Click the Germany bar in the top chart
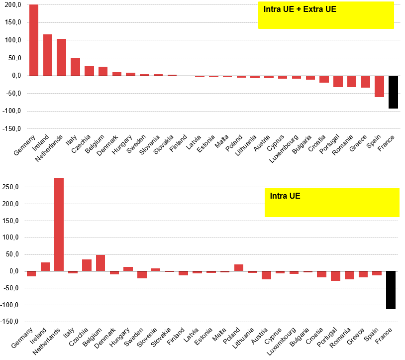tap(34, 40)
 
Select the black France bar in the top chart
tap(393, 92)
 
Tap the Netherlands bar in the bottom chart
tap(59, 225)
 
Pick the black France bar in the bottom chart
tap(391, 290)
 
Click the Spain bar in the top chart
tap(379, 87)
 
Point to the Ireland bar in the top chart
tap(48, 55)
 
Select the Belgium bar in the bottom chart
tap(101, 263)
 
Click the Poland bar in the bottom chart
tap(239, 268)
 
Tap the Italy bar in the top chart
tap(76, 67)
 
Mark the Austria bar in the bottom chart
tap(266, 275)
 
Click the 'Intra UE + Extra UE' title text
tap(300, 9)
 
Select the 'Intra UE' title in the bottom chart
tap(285, 196)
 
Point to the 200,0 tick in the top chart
tap(13, 4)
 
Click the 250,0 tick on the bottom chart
tap(10, 187)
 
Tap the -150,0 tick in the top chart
tap(11, 128)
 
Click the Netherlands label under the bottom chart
tap(46, 341)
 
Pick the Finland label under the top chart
tap(178, 143)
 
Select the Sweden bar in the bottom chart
tap(142, 275)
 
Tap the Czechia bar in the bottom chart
tap(87, 265)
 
